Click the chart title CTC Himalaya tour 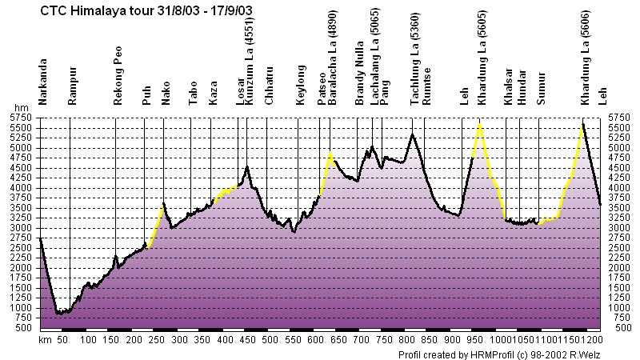coord(98,10)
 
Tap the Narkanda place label coord(42,82)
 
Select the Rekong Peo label coord(118,75)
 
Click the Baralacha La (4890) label coord(333,58)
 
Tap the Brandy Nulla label coord(359,73)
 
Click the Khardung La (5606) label coord(586,58)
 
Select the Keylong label coord(301,85)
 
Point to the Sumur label coord(541,88)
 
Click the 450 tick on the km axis coord(248,339)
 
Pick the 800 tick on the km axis coord(407,339)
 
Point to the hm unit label coord(22,108)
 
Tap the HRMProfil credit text coord(499,354)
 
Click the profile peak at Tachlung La coord(413,134)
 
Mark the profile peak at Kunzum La coord(246,166)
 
